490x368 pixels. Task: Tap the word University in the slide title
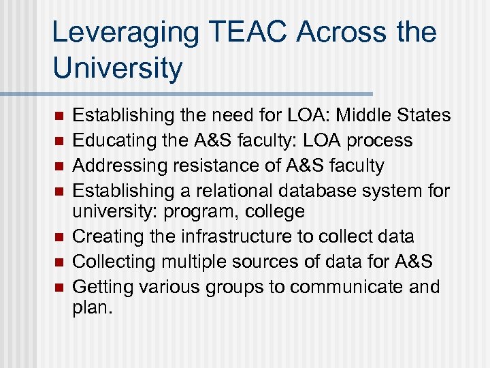click(x=117, y=68)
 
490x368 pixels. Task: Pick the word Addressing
click(x=111, y=165)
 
